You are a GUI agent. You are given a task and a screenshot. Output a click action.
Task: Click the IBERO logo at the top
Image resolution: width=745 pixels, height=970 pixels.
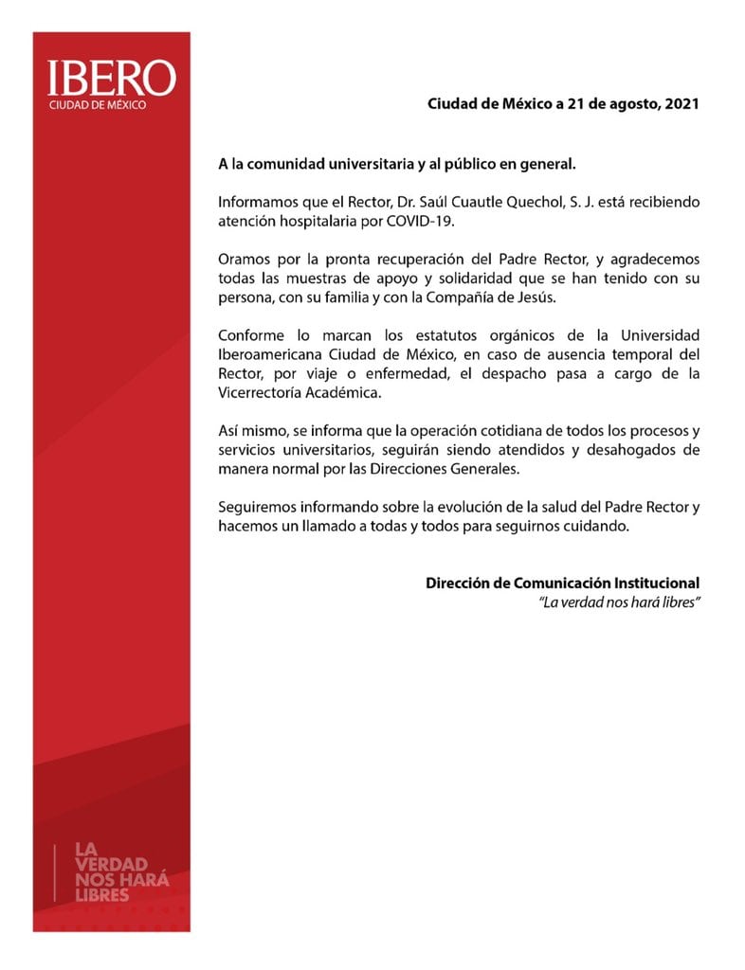[x=111, y=79]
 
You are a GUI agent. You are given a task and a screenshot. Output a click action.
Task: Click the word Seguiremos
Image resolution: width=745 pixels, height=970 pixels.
[x=257, y=507]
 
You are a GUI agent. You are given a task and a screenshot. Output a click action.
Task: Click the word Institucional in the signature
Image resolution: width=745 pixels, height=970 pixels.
[x=645, y=584]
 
